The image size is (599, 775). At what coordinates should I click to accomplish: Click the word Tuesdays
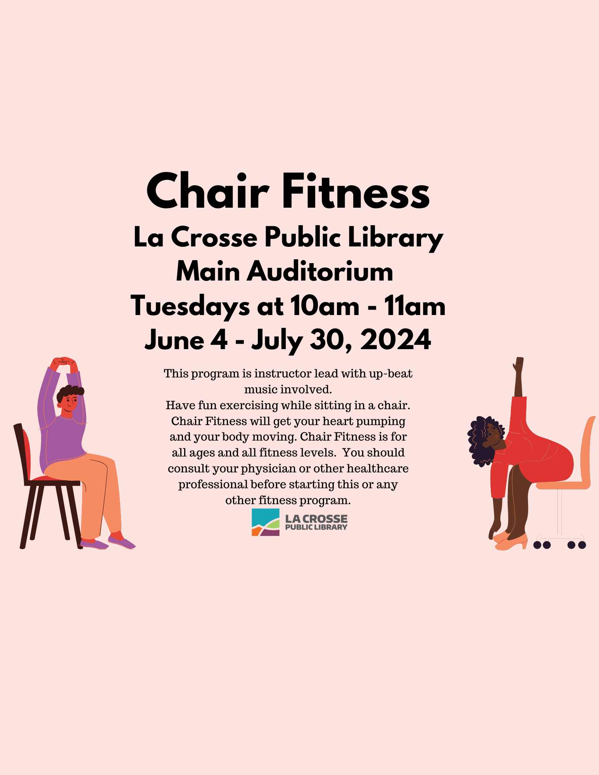click(x=190, y=306)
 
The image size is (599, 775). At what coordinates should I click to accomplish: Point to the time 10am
click(x=325, y=306)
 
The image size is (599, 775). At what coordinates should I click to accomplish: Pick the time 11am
click(x=415, y=306)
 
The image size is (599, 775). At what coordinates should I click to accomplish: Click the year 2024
click(x=395, y=340)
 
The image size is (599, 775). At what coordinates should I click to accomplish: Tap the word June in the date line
click(x=174, y=340)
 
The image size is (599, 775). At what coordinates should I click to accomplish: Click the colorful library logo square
click(x=266, y=522)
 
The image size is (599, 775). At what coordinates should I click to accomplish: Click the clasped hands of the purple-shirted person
click(x=64, y=363)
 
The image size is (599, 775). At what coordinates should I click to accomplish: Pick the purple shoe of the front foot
click(x=122, y=542)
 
